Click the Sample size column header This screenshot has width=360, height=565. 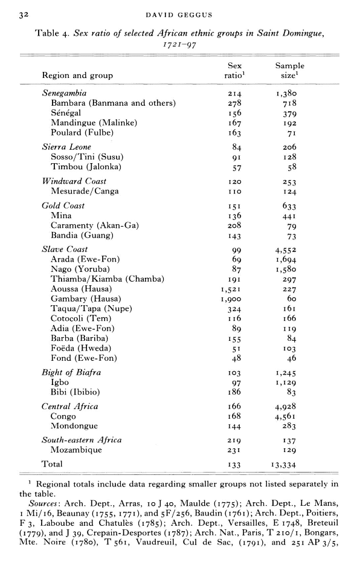click(289, 71)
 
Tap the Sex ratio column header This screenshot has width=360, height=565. click(234, 71)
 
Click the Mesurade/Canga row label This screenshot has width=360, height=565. click(85, 191)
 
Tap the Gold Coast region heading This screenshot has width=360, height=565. click(63, 205)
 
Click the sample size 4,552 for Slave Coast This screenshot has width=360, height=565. click(289, 250)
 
